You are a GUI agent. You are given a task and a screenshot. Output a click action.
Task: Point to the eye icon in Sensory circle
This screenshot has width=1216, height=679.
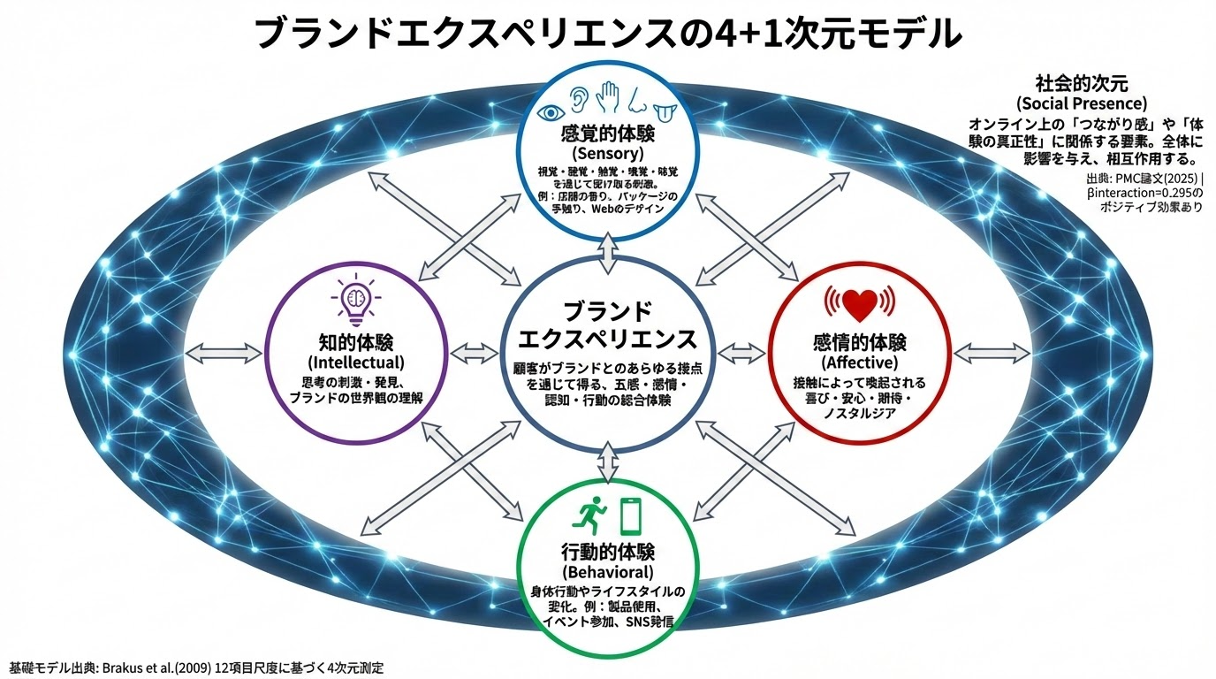point(553,112)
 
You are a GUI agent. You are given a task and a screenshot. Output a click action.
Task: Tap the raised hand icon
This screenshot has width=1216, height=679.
point(608,96)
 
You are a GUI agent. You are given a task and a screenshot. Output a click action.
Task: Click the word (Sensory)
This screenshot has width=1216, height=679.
point(607,154)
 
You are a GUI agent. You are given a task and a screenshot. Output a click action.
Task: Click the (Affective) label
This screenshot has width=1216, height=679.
point(859,362)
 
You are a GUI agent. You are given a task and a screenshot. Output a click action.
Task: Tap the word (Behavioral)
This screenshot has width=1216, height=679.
point(607,573)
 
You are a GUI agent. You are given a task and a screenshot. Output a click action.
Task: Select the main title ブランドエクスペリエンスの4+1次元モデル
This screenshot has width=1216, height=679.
point(607,34)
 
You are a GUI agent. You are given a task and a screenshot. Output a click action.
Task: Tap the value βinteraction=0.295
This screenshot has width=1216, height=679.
point(1136,193)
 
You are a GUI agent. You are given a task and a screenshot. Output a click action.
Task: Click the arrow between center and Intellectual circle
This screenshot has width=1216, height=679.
point(475,354)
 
